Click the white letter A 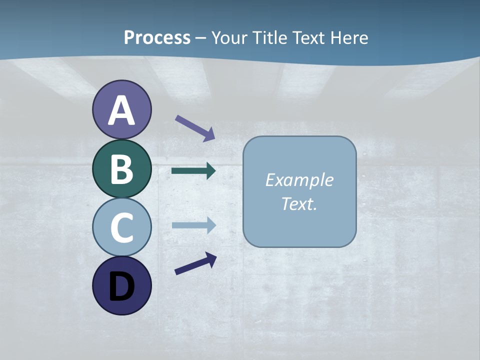pyautogui.click(x=121, y=110)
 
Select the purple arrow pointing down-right pyautogui.click(x=195, y=128)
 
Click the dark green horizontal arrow pyautogui.click(x=193, y=171)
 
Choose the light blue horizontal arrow pyautogui.click(x=193, y=225)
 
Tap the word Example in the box pyautogui.click(x=299, y=180)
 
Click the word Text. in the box pyautogui.click(x=299, y=204)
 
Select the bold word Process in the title pyautogui.click(x=157, y=37)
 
